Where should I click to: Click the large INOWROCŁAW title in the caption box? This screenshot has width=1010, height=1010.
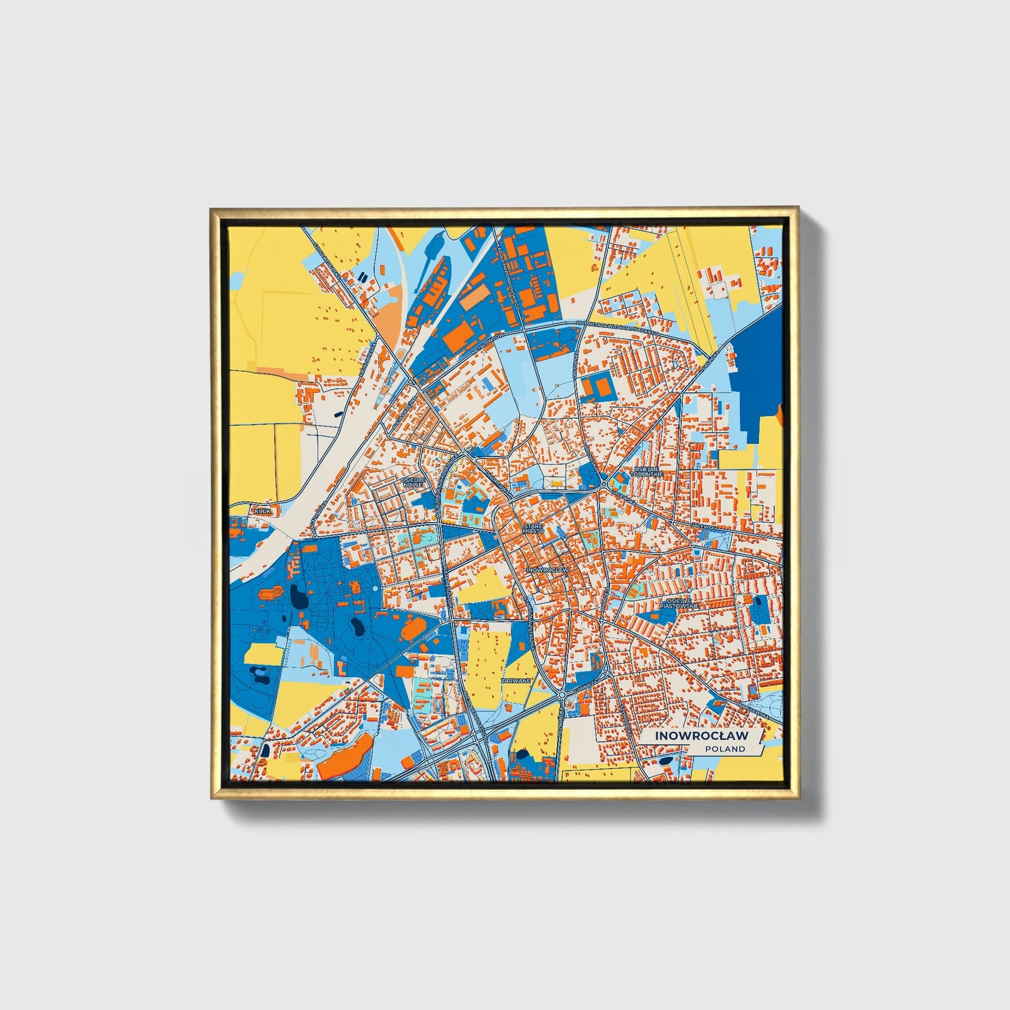point(701,736)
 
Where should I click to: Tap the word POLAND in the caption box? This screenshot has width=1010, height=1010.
point(725,749)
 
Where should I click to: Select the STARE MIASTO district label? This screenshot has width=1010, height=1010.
point(533,528)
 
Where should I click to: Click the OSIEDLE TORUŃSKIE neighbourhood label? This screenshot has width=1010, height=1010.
point(647,472)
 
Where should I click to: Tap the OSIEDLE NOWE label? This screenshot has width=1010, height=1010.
point(413,482)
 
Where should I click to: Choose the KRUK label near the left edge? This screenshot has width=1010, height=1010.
point(262,512)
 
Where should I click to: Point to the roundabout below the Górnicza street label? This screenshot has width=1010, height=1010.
point(562,695)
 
